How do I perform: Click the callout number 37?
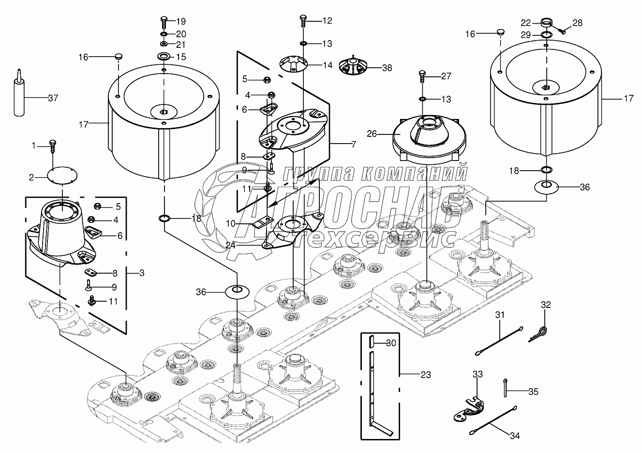[x=53, y=98]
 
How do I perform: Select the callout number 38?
[x=387, y=68]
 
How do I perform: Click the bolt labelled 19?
[x=163, y=22]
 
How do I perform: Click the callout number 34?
[x=515, y=436]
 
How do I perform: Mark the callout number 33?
[x=478, y=374]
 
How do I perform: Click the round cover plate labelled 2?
[x=63, y=175]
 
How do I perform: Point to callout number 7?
[x=353, y=145]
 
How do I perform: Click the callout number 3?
[x=141, y=273]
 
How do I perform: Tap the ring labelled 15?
[x=164, y=58]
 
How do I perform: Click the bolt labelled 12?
[x=303, y=21]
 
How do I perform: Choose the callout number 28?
[x=578, y=22]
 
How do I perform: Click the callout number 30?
[x=391, y=343]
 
